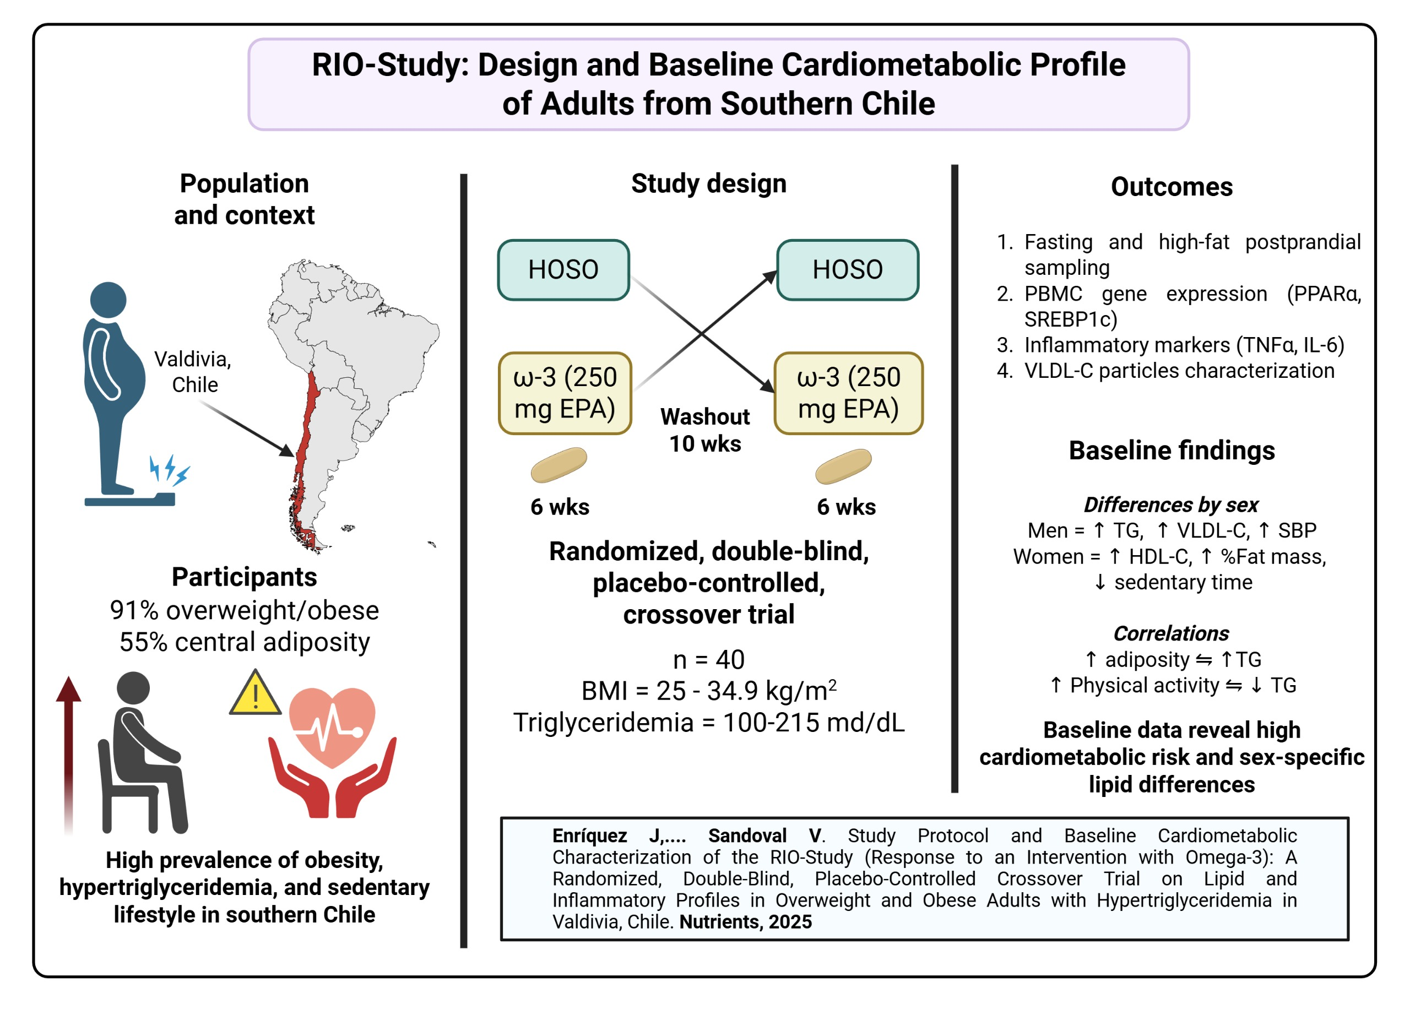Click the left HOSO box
[563, 270]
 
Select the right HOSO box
[847, 270]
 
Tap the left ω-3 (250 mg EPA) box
[565, 393]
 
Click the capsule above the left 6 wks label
[558, 465]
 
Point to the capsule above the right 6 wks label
[843, 466]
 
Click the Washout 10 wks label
[704, 430]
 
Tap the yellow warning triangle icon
[254, 693]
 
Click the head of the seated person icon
[133, 688]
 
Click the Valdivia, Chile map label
[193, 372]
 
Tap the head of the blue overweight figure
[108, 300]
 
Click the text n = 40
[708, 659]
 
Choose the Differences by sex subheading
[1171, 505]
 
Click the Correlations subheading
[1171, 633]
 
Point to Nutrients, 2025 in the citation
[745, 921]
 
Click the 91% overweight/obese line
[244, 610]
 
